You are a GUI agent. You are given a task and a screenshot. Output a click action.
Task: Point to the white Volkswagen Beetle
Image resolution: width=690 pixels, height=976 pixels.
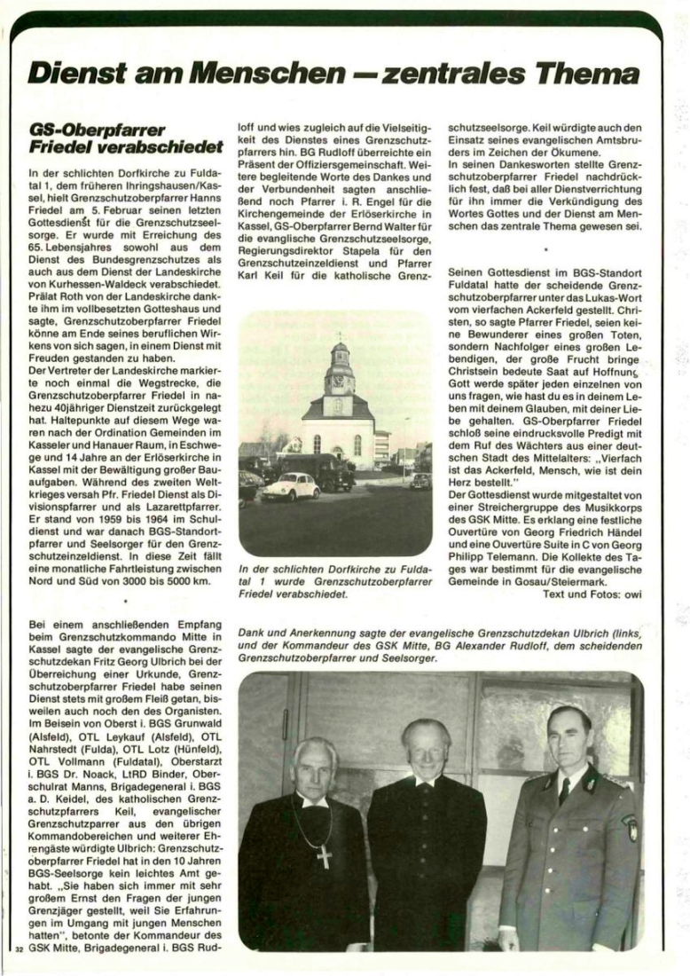(x=290, y=487)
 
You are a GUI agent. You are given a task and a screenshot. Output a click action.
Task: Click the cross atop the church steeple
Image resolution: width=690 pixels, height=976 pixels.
(x=339, y=337)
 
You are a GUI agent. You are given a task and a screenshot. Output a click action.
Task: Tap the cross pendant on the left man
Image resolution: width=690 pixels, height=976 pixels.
(x=324, y=856)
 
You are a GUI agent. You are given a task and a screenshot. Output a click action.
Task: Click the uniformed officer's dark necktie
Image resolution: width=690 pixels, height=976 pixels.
(x=564, y=790)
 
